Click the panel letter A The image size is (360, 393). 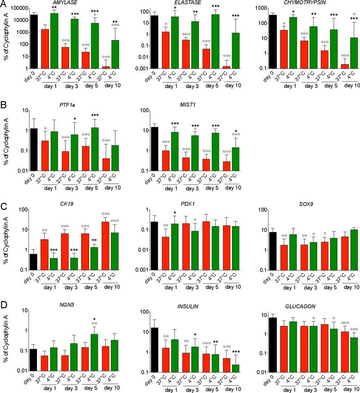tap(4, 5)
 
